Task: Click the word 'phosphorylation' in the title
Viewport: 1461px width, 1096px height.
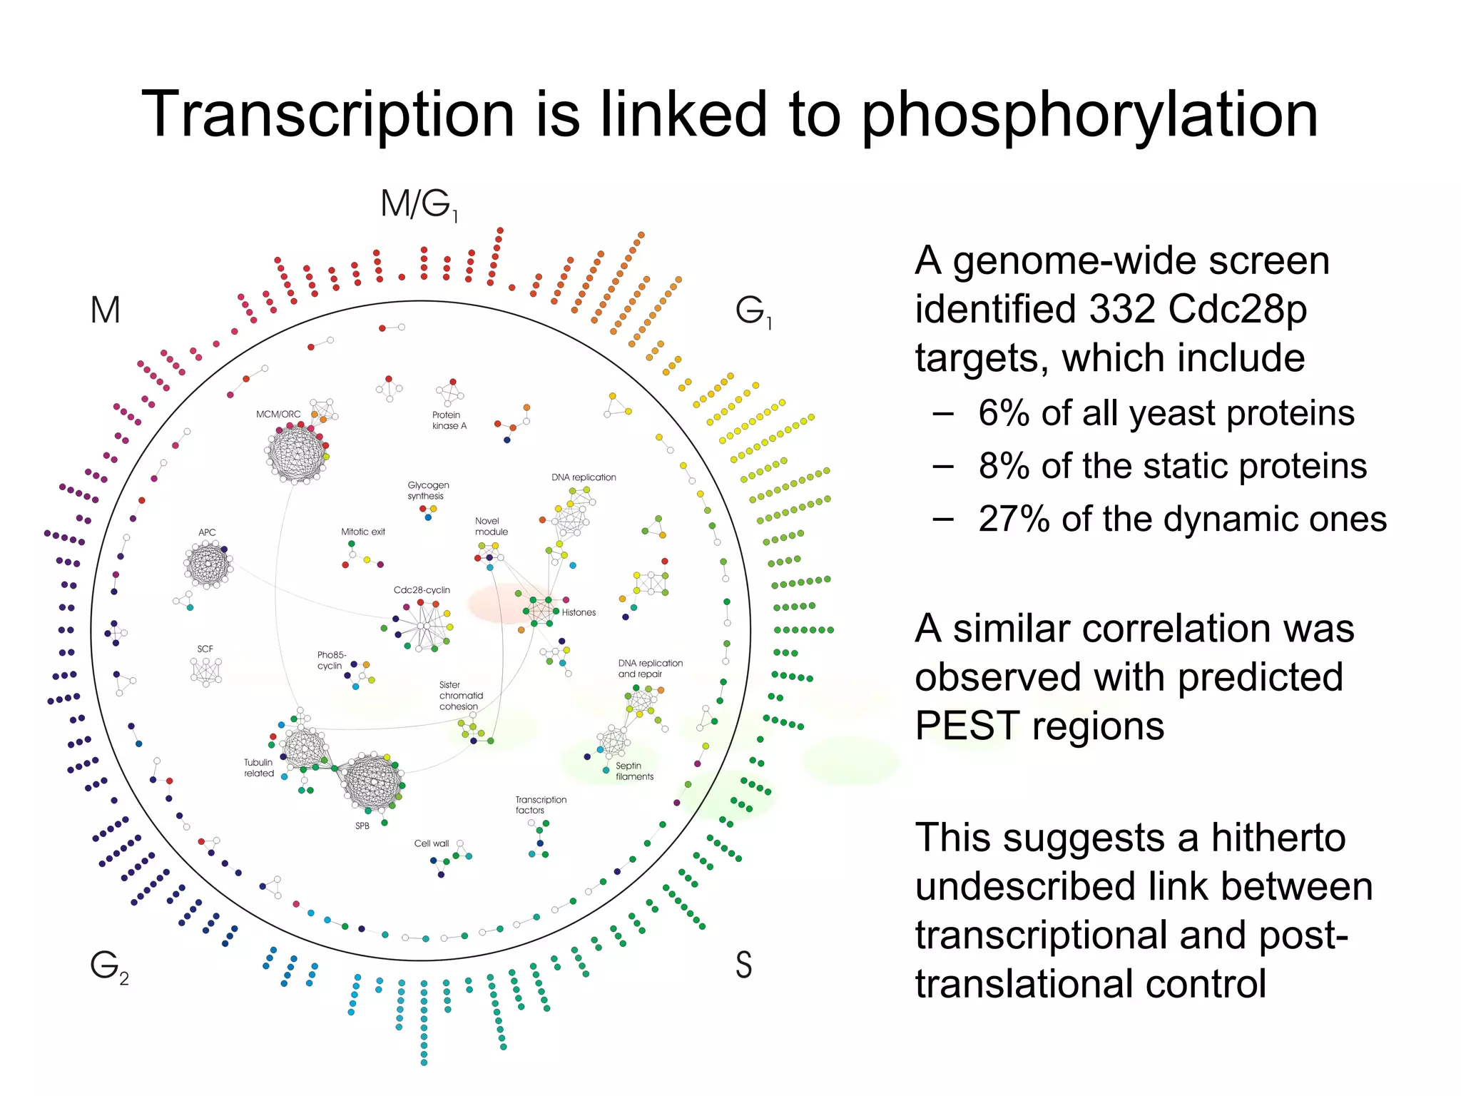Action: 1089,116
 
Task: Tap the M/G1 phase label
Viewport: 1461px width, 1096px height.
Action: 419,205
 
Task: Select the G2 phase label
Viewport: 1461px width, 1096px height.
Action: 108,967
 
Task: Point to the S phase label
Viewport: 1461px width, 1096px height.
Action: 743,965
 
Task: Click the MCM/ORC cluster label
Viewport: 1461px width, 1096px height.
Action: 278,415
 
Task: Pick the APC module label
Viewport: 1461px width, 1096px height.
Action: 207,532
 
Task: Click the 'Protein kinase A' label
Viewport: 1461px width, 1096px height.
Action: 449,420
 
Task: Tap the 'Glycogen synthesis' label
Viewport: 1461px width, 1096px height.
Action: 428,490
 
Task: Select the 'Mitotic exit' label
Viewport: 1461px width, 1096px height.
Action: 363,532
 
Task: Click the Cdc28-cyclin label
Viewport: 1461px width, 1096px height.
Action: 422,590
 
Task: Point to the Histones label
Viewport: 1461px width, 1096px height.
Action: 579,612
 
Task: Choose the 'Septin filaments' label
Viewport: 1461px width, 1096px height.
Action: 633,771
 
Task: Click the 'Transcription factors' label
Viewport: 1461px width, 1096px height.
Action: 540,805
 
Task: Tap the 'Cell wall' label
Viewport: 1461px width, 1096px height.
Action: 432,843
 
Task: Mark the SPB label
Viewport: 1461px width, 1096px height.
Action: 362,826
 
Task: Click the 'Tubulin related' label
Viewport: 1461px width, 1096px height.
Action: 258,768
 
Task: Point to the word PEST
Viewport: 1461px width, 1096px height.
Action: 967,726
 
